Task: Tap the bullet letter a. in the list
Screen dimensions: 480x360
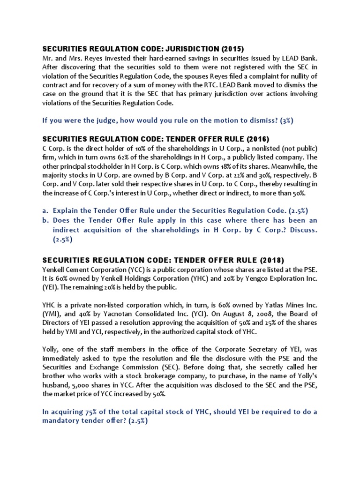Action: coord(45,211)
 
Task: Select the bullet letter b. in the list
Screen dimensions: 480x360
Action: coord(45,220)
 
